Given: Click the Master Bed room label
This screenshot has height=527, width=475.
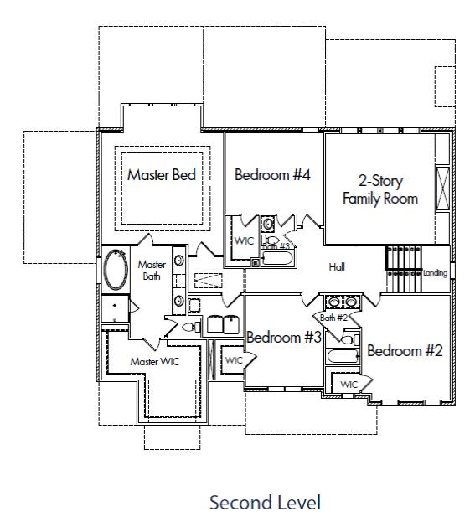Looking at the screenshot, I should tap(162, 175).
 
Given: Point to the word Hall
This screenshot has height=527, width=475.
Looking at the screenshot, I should tap(337, 267).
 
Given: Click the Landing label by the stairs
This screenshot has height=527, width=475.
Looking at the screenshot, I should tap(435, 273).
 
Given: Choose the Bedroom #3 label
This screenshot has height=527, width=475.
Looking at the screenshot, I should tap(284, 338).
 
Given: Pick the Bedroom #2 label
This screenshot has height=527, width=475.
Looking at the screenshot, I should tap(405, 351).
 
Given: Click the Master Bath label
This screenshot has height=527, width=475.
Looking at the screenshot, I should tap(151, 271).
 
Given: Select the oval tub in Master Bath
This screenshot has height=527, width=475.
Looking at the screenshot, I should tap(116, 270).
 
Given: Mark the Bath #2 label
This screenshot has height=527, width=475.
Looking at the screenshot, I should tap(333, 318).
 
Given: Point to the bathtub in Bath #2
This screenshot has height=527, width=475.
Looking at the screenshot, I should tap(343, 357).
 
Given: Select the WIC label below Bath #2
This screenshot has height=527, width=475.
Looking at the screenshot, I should tap(349, 385).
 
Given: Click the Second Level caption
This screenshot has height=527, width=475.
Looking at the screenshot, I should tap(265, 503).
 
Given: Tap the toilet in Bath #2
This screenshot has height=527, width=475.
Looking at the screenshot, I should tap(348, 340).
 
